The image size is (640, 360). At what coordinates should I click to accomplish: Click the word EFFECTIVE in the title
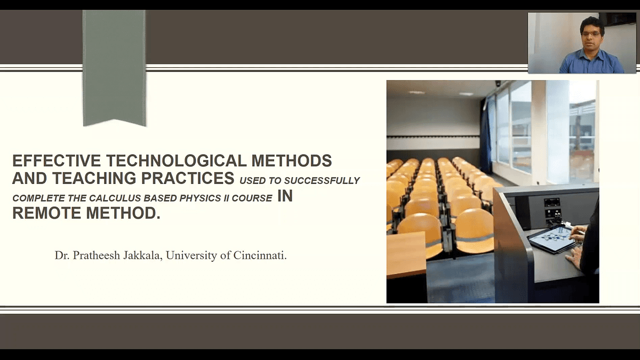57,161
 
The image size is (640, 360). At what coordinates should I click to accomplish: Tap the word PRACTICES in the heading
188,178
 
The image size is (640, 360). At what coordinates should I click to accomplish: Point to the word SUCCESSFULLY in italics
322,181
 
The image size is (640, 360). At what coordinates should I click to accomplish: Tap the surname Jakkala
143,255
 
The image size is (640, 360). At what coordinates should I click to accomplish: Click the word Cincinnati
260,255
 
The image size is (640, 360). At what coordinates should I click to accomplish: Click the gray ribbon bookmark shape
114,68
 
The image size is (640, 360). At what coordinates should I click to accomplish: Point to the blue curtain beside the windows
486,134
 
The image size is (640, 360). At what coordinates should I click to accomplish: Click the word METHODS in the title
292,161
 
